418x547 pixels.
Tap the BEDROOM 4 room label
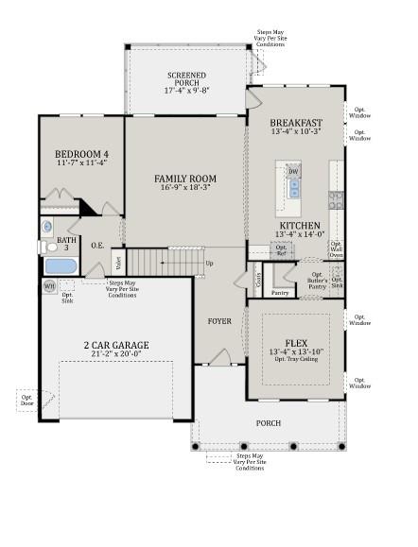click(x=80, y=155)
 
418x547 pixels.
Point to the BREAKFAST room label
click(x=296, y=124)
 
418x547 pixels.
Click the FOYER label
click(x=219, y=321)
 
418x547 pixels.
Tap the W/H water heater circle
click(x=49, y=286)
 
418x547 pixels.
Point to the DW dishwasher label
click(x=293, y=171)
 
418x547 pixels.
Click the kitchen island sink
click(x=293, y=190)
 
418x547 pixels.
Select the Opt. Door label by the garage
click(x=26, y=400)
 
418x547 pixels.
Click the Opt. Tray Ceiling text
click(x=296, y=362)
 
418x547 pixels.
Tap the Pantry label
click(x=280, y=293)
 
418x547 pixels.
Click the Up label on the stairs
click(x=209, y=263)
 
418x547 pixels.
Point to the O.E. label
click(x=97, y=246)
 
